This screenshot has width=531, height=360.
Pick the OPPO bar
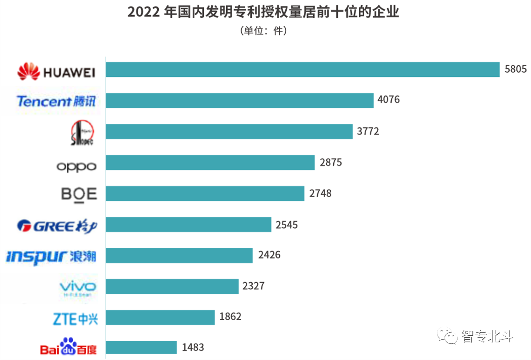coord(210,162)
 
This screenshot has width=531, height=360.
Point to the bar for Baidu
coord(142,347)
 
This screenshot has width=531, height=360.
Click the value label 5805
coord(515,69)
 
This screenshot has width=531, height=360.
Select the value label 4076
coord(388,100)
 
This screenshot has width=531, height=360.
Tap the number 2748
coord(320,193)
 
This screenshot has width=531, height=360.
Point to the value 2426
coord(269,255)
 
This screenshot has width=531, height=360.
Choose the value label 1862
coord(230,317)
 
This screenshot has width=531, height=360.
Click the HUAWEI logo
coord(56,71)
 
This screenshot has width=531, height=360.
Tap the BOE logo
coord(78,195)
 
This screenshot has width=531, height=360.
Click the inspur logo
coord(51,256)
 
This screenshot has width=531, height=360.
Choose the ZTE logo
coord(74,319)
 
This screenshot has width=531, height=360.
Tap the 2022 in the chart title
coord(144,12)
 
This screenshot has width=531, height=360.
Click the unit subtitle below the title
coord(263,31)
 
